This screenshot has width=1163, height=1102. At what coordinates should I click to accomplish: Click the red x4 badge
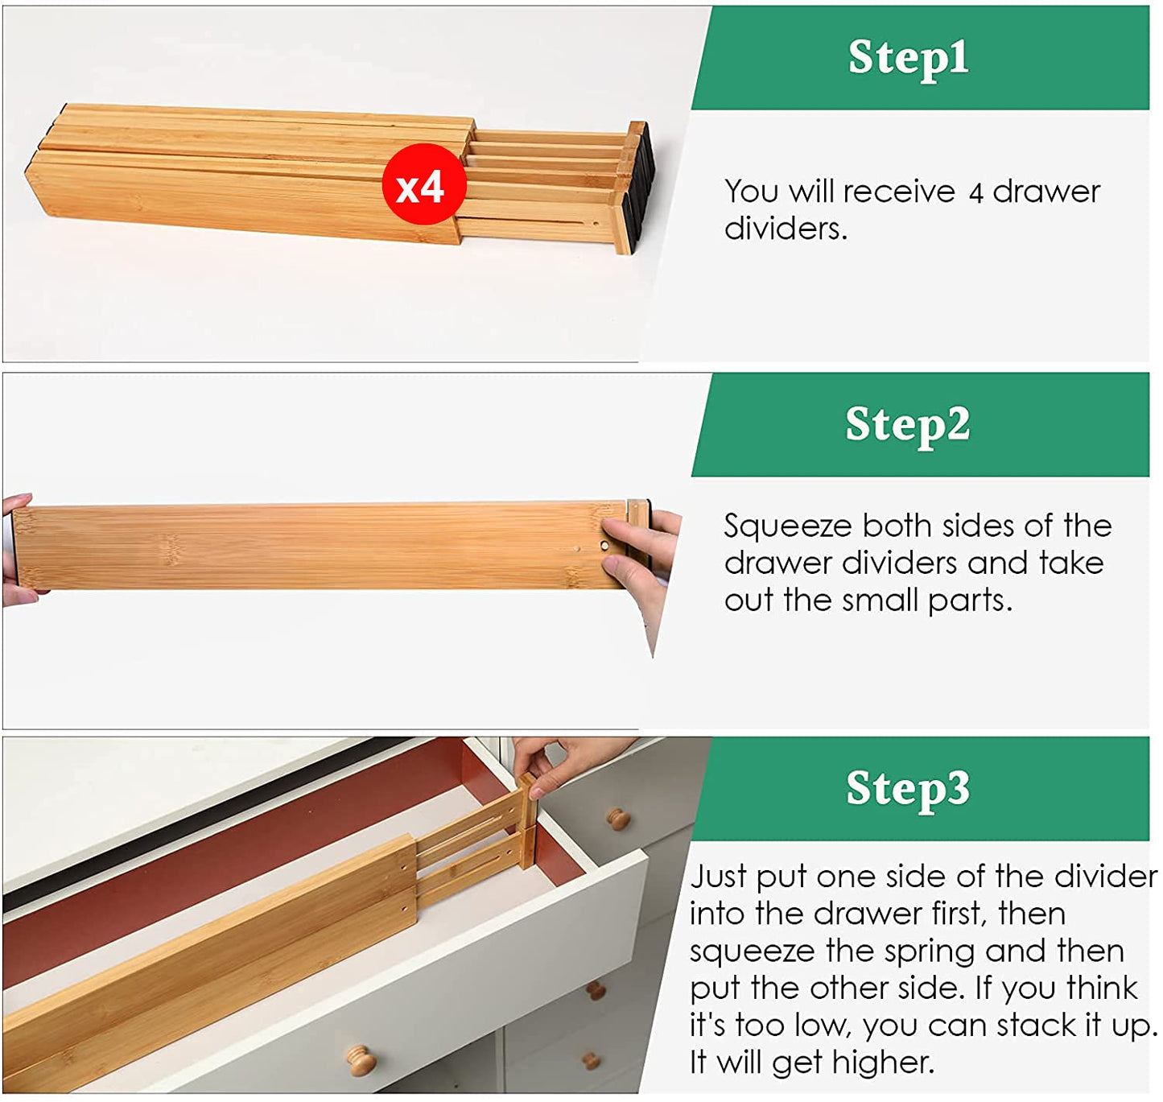tap(423, 184)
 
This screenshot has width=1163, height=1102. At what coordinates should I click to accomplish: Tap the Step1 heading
tap(908, 57)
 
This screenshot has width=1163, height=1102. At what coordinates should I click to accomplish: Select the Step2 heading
tap(907, 424)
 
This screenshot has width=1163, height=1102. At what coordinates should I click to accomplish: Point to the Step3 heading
tap(907, 788)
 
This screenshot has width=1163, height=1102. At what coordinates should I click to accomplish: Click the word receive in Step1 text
tap(898, 192)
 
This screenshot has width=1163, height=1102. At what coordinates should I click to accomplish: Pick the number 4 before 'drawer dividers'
tap(976, 193)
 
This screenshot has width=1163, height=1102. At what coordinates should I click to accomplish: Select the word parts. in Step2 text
tap(970, 602)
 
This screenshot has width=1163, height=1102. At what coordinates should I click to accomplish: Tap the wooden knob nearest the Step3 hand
tap(619, 819)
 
